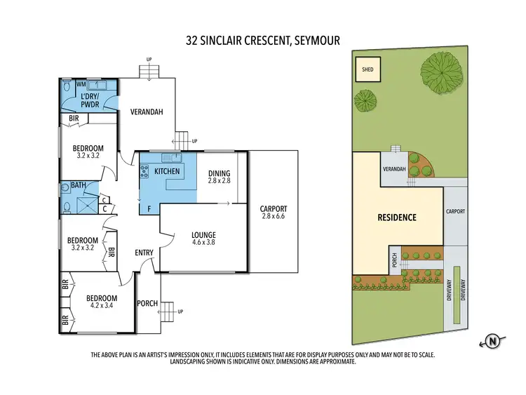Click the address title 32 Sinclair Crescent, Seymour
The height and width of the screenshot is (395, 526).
coord(263,41)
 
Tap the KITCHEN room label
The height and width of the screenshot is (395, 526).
coord(166,171)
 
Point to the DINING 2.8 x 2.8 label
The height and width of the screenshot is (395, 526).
coord(219,178)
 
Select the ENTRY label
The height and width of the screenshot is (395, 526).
coord(144,253)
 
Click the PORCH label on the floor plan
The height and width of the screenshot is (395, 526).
coord(147,303)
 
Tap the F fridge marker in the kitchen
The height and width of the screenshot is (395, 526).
coord(149,208)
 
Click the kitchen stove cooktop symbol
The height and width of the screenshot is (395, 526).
coord(144,170)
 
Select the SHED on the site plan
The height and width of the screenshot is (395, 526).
coord(367,70)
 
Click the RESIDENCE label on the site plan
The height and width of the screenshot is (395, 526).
coord(398,217)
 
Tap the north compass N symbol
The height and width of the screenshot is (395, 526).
coord(494,342)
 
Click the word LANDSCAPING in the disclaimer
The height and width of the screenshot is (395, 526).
coord(179,363)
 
